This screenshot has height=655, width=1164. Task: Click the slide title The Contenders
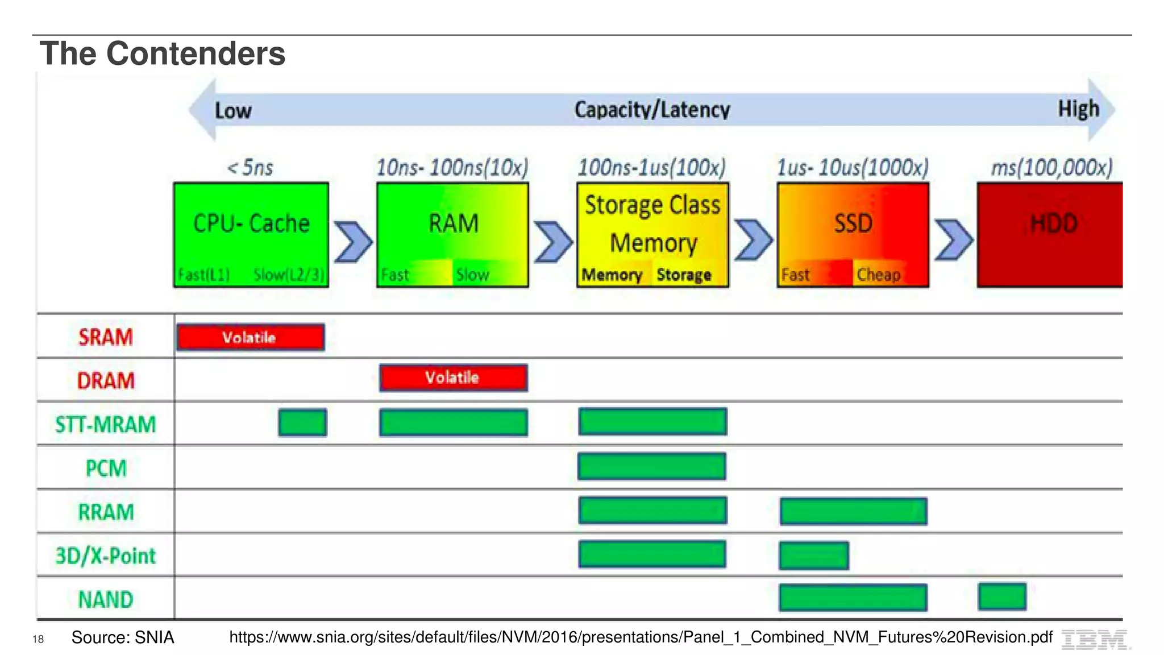click(163, 53)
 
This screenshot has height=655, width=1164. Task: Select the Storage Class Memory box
click(652, 234)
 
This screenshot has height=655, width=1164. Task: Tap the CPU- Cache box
click(251, 234)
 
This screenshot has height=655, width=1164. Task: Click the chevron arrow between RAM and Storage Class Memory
click(553, 242)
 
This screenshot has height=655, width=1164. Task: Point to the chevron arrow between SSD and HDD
click(954, 240)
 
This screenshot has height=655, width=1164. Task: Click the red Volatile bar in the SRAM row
click(251, 337)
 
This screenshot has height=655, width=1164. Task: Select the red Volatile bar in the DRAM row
click(453, 378)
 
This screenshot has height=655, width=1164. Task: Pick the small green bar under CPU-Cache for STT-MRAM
click(302, 422)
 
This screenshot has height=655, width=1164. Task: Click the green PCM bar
click(652, 466)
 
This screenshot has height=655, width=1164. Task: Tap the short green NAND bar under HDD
click(1002, 596)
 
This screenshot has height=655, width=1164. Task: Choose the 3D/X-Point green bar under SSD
click(814, 555)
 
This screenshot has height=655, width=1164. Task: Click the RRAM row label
click(106, 512)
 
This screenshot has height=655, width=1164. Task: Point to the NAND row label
click(106, 599)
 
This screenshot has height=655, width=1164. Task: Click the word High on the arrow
click(1078, 109)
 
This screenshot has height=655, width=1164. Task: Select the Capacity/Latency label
click(652, 109)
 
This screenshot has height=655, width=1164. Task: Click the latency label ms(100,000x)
click(1051, 168)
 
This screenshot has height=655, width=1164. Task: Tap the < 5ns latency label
click(250, 168)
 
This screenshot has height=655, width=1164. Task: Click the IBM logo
click(1094, 640)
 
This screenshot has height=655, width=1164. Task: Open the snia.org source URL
click(641, 637)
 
